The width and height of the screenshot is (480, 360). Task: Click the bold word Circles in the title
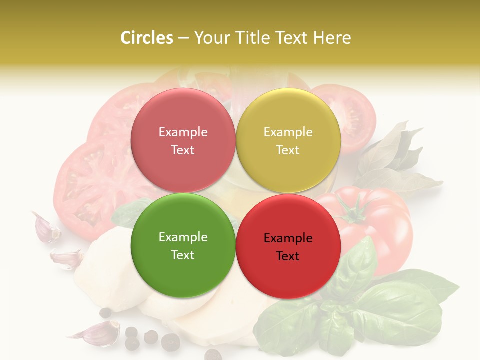point(147,38)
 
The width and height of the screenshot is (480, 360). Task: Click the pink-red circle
point(183,140)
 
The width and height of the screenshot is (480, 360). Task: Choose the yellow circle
point(288,140)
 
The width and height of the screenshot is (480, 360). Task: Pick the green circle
point(183,245)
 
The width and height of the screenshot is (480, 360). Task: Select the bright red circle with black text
point(288,246)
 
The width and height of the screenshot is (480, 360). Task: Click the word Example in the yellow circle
point(288,132)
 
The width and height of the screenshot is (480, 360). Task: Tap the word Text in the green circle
point(183,255)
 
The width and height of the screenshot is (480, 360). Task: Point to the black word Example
point(288,238)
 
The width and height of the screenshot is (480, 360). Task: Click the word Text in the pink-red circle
point(183,150)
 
